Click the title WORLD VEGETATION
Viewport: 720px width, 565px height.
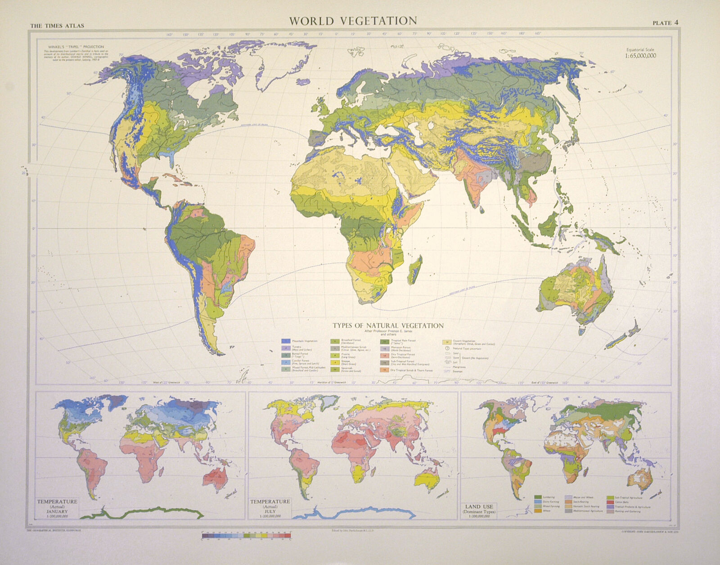click(x=353, y=21)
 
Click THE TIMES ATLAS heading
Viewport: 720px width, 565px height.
click(x=57, y=26)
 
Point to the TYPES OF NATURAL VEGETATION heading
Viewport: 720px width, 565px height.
click(x=388, y=325)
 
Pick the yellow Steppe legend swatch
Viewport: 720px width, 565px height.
click(x=335, y=362)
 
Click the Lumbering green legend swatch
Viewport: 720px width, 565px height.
click(x=538, y=497)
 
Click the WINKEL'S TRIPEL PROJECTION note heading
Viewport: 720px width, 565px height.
click(x=74, y=47)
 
